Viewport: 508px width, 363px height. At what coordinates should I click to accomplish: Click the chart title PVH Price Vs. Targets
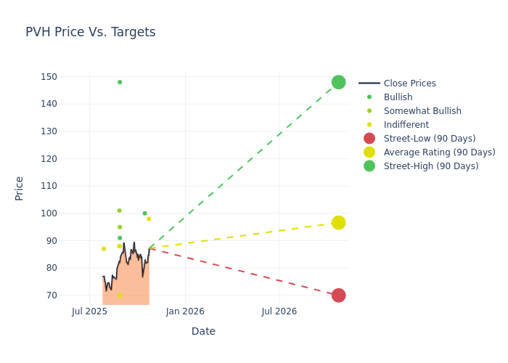90,32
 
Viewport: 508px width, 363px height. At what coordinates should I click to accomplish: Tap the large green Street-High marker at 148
338,82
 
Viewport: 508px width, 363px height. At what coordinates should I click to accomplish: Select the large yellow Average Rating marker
338,222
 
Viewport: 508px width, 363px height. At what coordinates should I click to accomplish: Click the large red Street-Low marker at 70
338,295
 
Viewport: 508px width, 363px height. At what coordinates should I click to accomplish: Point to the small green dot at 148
120,82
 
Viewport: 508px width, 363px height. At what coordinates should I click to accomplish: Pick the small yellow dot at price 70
120,295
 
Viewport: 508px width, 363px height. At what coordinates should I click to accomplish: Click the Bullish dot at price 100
144,213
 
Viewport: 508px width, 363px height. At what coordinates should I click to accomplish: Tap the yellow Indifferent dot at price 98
149,219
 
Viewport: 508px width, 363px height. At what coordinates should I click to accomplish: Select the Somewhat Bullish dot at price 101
119,211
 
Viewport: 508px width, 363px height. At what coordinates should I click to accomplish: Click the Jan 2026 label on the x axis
185,311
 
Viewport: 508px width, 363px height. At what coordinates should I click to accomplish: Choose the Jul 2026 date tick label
279,311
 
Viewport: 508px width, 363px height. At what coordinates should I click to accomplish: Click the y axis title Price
20,188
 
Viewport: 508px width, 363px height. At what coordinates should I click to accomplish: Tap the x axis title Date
203,331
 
